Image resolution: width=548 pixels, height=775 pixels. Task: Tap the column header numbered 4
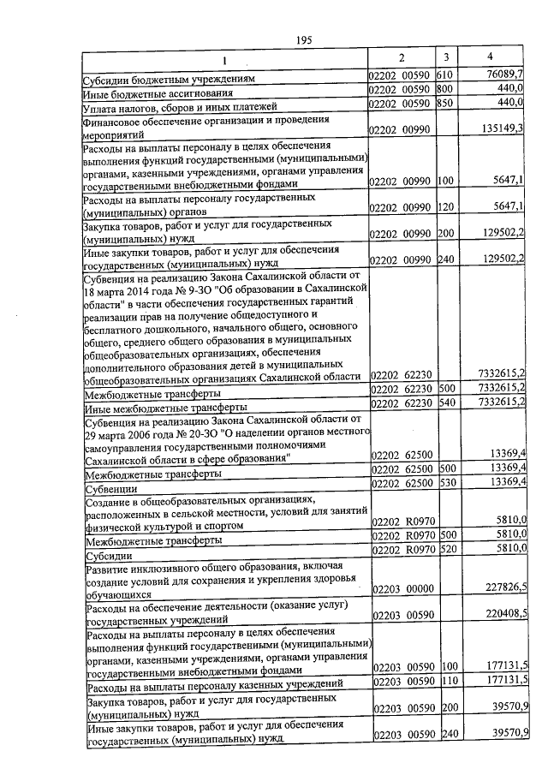489,57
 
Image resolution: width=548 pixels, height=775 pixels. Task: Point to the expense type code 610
444,76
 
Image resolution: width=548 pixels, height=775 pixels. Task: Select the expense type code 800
444,90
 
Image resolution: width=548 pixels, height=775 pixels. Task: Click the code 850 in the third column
444,104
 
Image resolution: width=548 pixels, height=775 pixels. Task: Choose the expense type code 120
444,208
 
